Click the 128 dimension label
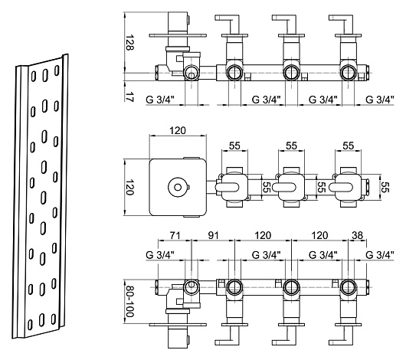[x=129, y=42]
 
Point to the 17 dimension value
[x=129, y=96]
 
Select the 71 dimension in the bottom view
[x=175, y=236]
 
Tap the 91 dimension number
[x=213, y=236]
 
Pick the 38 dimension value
[x=357, y=236]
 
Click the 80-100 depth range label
[x=129, y=301]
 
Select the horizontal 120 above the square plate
[x=178, y=130]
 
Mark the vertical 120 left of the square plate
[x=129, y=187]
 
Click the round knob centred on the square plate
[x=178, y=187]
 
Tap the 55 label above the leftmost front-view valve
[x=234, y=146]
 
